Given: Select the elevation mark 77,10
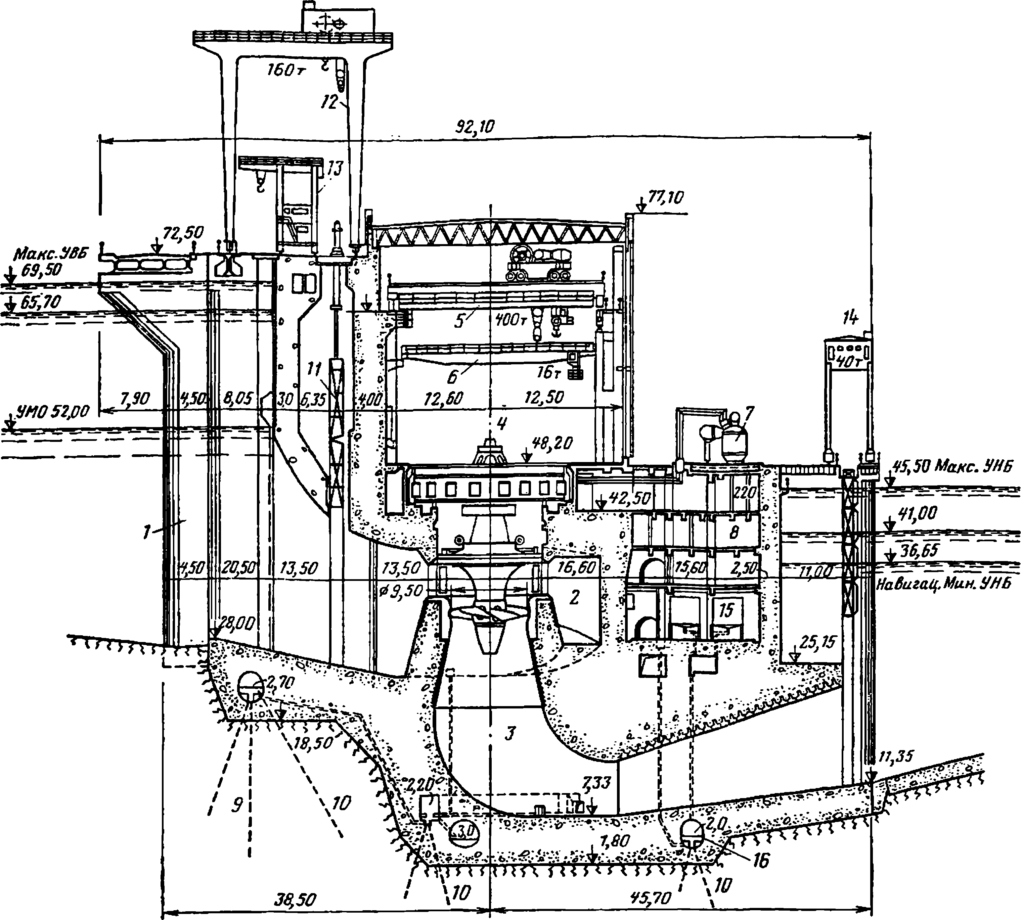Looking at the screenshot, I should click(665, 197).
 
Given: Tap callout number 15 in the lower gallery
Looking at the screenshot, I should click(726, 610).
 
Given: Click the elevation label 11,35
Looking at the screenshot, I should click(896, 756).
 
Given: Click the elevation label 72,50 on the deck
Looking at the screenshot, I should click(183, 233).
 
